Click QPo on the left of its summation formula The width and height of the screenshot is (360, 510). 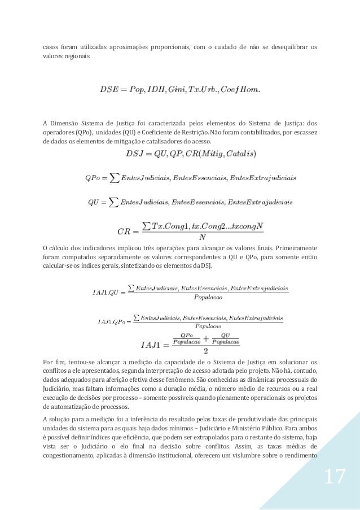pos(92,179)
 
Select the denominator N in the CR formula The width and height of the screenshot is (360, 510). pos(201,237)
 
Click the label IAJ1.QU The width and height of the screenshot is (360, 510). pos(105,292)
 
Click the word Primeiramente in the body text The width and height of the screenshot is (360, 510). pos(295,247)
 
